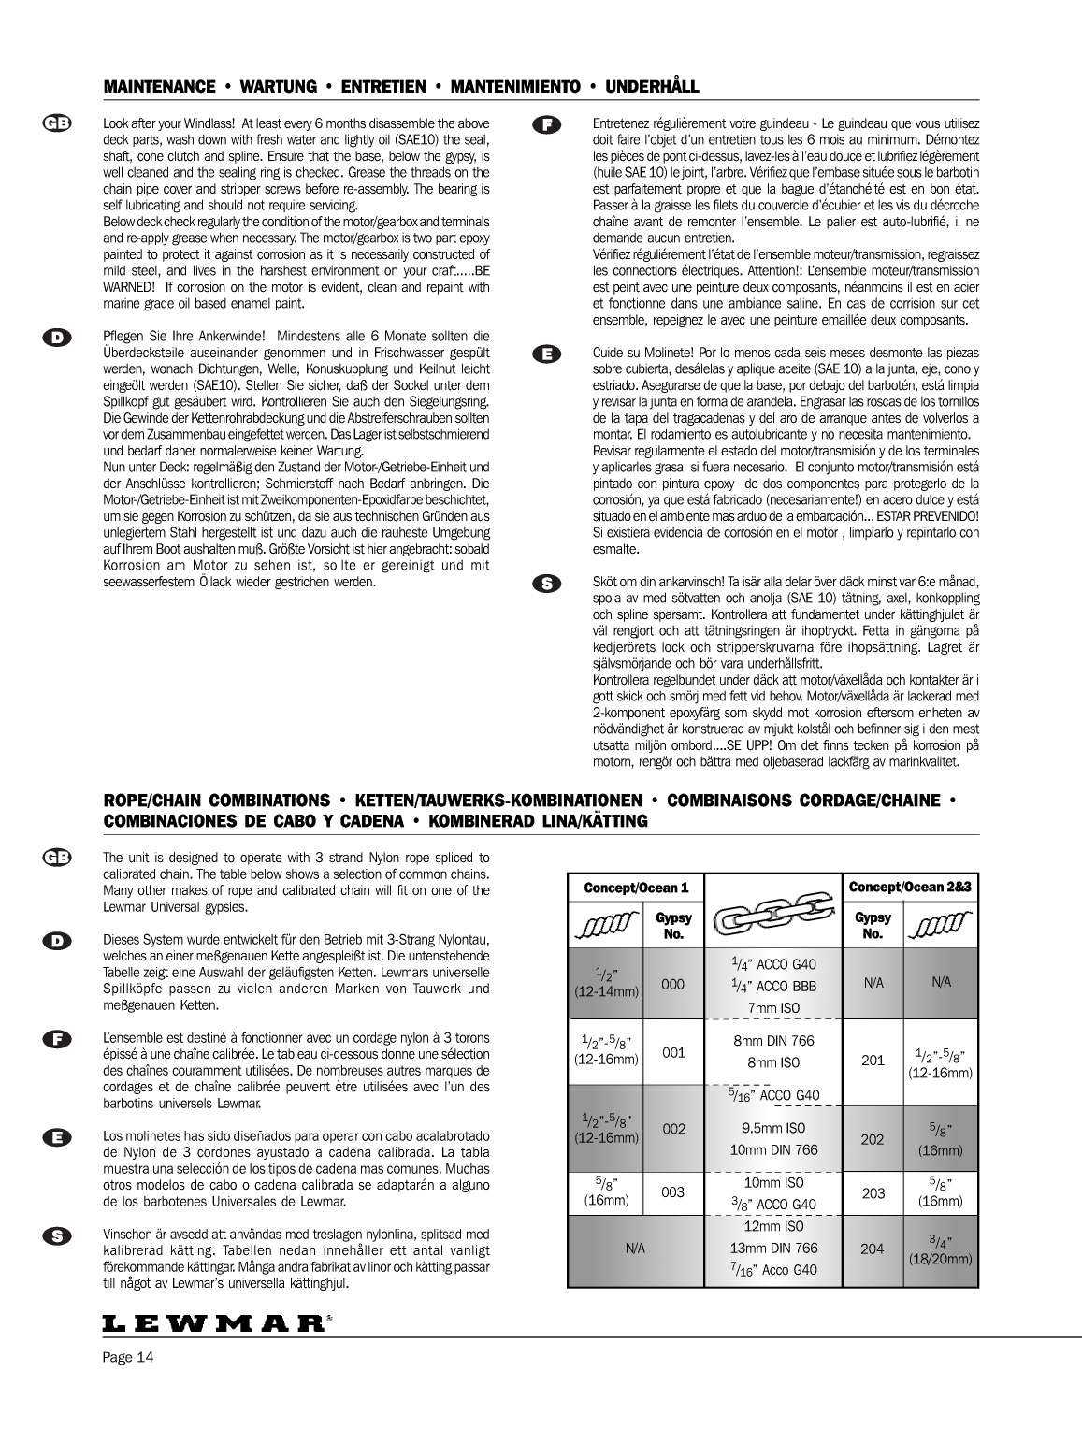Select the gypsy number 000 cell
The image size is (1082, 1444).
coord(673,984)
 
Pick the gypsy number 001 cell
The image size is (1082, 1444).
coord(673,1052)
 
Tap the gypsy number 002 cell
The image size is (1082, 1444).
coord(673,1129)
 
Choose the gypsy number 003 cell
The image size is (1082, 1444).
coord(673,1191)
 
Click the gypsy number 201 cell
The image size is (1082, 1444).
coord(873,1060)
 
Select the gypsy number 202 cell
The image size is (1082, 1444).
coord(873,1139)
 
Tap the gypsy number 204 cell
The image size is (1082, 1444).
coord(873,1248)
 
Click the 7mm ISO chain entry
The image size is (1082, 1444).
coord(772,1007)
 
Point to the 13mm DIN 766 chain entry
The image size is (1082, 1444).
coord(772,1248)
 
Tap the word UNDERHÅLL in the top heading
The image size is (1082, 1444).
coord(652,87)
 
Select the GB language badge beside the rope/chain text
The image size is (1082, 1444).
coord(57,858)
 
